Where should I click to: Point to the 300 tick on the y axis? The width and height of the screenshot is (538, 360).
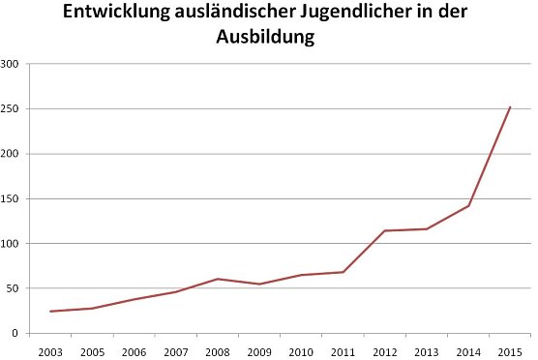[x=11, y=64]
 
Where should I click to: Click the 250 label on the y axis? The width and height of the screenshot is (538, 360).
[x=11, y=108]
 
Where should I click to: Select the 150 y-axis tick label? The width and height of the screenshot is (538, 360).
[x=11, y=198]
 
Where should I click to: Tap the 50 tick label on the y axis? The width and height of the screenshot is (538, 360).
[x=14, y=288]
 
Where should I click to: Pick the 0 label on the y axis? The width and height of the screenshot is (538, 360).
[x=17, y=333]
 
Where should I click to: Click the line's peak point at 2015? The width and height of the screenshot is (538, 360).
[x=510, y=107]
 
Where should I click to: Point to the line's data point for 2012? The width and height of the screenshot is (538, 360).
[x=385, y=230]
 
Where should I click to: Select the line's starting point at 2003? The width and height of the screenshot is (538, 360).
[x=50, y=312]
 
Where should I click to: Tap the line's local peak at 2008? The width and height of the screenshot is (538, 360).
[x=218, y=279]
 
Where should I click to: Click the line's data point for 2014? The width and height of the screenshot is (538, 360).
[x=468, y=205]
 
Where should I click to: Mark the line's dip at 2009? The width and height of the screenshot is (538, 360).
[x=259, y=284]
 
